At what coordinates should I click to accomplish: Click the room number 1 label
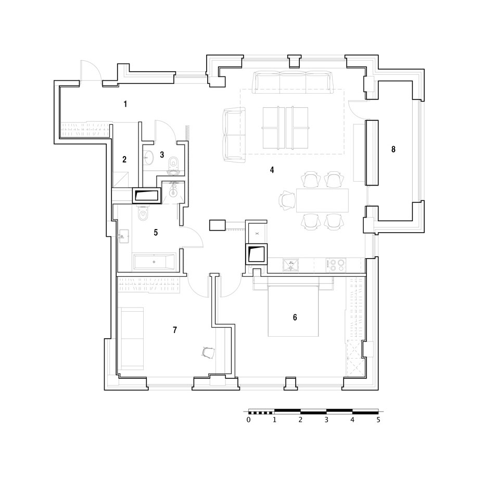pyautogui.click(x=125, y=104)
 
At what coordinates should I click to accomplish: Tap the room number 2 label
pyautogui.click(x=124, y=160)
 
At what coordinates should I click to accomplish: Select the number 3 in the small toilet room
pyautogui.click(x=162, y=155)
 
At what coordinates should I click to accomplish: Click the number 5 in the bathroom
pyautogui.click(x=156, y=233)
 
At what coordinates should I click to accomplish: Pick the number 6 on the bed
pyautogui.click(x=295, y=317)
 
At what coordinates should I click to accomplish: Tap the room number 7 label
pyautogui.click(x=175, y=329)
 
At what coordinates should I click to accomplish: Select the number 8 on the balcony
pyautogui.click(x=394, y=149)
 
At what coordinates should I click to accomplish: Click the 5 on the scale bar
pyautogui.click(x=378, y=419)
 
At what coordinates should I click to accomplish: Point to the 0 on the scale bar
pyautogui.click(x=249, y=419)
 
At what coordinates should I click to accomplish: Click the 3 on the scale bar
pyautogui.click(x=326, y=419)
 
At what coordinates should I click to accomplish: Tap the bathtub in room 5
pyautogui.click(x=155, y=262)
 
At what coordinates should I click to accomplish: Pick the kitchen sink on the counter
pyautogui.click(x=291, y=265)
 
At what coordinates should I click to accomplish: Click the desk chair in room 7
pyautogui.click(x=208, y=353)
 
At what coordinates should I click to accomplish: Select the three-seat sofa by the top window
pyautogui.click(x=293, y=82)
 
